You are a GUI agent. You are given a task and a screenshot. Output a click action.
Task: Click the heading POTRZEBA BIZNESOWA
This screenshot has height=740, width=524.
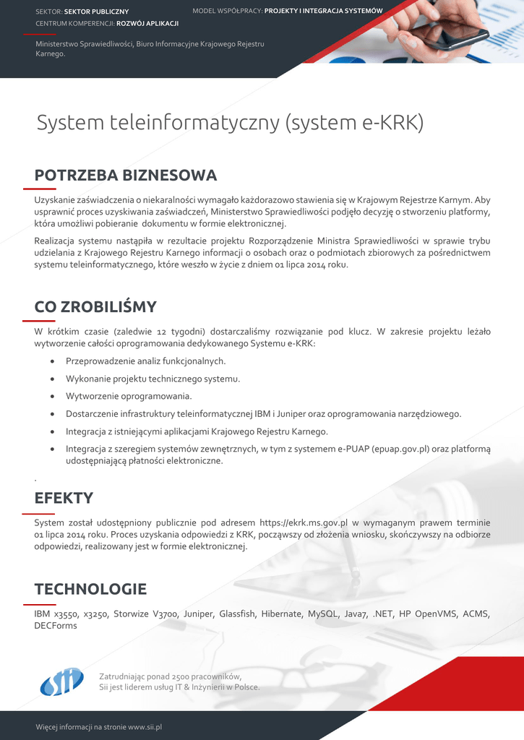pyautogui.click(x=126, y=176)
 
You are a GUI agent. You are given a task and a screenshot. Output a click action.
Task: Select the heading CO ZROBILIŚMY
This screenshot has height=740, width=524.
pyautogui.click(x=95, y=307)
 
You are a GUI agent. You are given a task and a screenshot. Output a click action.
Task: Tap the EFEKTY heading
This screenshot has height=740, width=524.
pyautogui.click(x=64, y=498)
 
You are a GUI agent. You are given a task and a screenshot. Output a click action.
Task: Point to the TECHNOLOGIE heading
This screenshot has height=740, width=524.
pyautogui.click(x=90, y=589)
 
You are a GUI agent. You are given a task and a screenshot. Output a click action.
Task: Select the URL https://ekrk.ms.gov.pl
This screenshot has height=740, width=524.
pyautogui.click(x=304, y=522)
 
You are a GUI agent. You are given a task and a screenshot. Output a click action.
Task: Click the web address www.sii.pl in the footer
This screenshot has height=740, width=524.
pyautogui.click(x=145, y=726)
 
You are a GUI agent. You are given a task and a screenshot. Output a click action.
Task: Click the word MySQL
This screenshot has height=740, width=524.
pyautogui.click(x=324, y=614)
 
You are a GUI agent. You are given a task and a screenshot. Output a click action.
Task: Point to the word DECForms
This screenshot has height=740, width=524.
pyautogui.click(x=56, y=626)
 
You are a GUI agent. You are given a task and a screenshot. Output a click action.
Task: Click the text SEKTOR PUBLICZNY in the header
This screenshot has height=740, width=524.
pyautogui.click(x=96, y=12)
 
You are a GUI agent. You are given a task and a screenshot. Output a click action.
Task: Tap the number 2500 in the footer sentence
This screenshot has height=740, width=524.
pyautogui.click(x=179, y=676)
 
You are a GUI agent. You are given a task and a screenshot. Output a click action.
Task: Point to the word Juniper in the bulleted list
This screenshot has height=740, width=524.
pyautogui.click(x=288, y=414)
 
